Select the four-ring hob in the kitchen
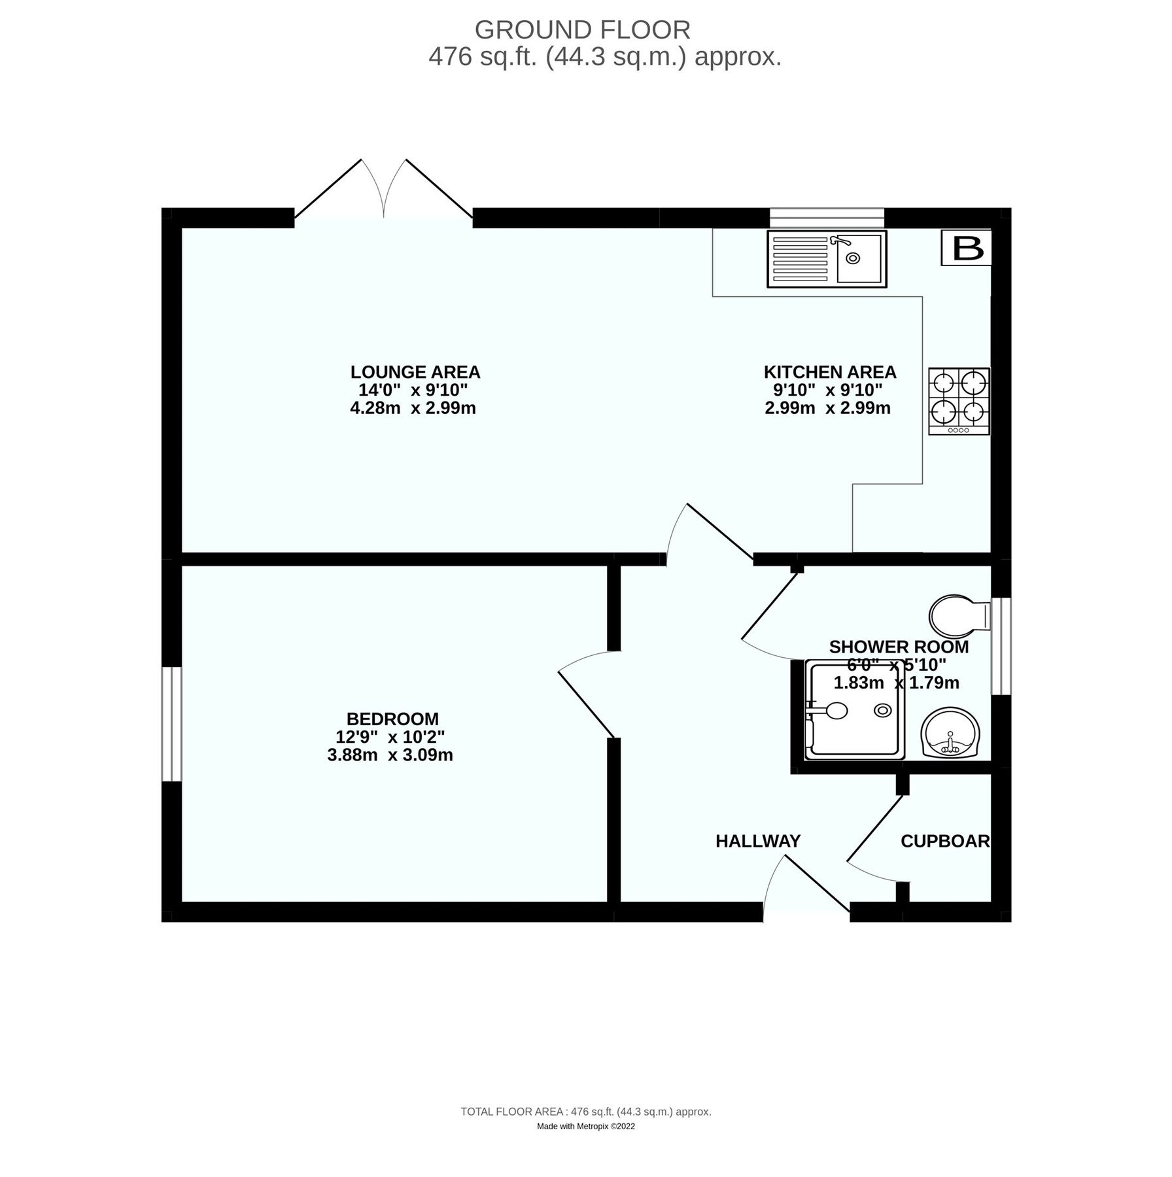[959, 401]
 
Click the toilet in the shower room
[959, 615]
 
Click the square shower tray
[855, 710]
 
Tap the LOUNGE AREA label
[415, 372]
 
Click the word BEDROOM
[392, 719]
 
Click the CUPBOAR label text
[945, 841]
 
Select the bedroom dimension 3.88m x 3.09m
[390, 755]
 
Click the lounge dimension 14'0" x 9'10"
[413, 390]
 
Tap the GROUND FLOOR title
[582, 30]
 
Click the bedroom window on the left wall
[171, 724]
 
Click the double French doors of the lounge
[384, 196]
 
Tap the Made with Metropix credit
[585, 1126]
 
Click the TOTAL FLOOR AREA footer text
[585, 1111]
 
